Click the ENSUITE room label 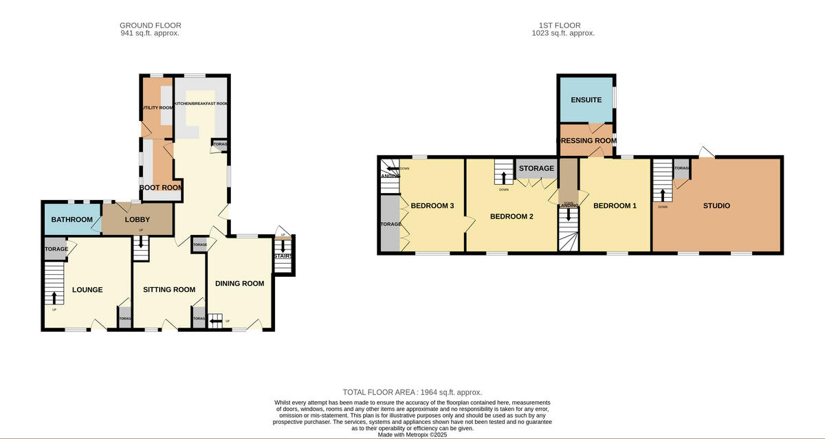point(586,100)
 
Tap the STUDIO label point(716,205)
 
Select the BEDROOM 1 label point(615,205)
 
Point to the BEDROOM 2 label point(511,216)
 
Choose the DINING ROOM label point(239,283)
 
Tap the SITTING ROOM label point(169,290)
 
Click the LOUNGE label point(87,290)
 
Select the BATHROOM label point(71,220)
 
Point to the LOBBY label point(137,220)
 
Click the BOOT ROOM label point(161,187)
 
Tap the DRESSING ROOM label point(586,141)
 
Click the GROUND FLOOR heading point(151,25)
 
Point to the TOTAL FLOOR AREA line point(412,392)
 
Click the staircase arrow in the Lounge point(54,297)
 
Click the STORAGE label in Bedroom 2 point(536,168)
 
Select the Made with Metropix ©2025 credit point(412,434)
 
